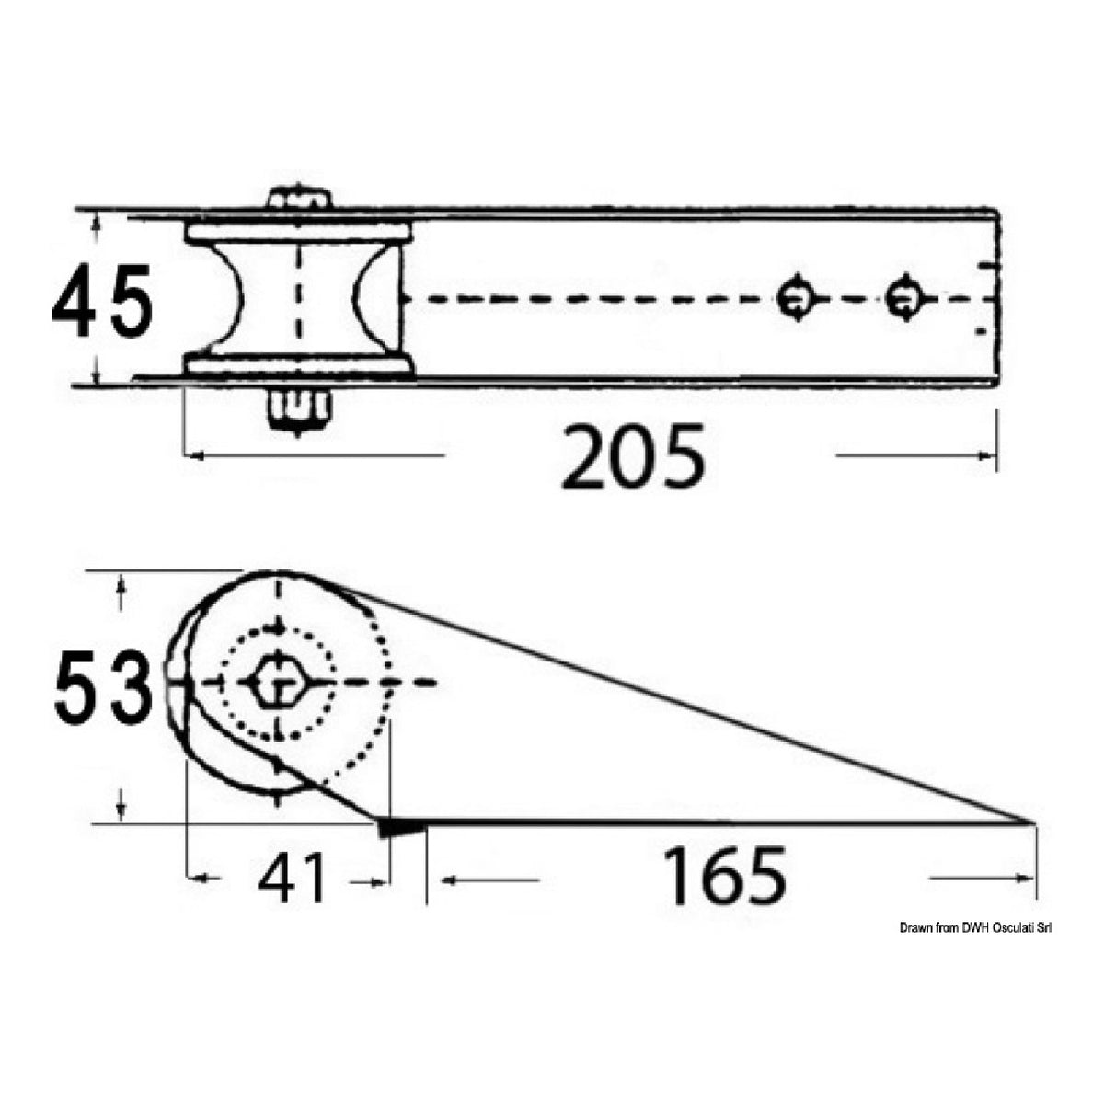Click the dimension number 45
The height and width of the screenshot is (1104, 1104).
[102, 300]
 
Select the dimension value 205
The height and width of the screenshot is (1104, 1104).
[633, 456]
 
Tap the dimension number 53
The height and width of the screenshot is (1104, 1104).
[104, 687]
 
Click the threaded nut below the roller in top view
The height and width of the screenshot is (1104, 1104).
[299, 410]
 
